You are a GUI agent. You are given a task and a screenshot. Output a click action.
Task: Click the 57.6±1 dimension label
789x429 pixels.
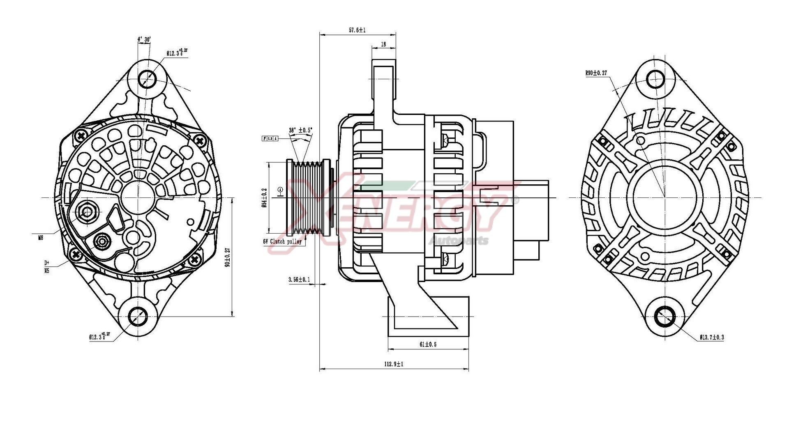click(x=357, y=30)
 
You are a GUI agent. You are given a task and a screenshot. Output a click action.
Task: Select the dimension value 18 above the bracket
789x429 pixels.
click(x=383, y=44)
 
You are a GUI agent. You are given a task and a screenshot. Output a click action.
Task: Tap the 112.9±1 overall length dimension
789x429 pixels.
click(x=393, y=364)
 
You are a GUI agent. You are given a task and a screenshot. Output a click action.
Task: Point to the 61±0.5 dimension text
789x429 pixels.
click(x=428, y=344)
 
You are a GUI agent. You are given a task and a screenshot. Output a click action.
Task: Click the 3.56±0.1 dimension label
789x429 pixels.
click(x=299, y=280)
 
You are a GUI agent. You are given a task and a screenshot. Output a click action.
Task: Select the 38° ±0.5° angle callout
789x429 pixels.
click(x=300, y=130)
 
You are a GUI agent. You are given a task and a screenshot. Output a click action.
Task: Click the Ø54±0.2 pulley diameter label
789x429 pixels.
click(x=264, y=197)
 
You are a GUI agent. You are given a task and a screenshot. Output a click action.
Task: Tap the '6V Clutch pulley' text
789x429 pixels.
click(x=282, y=241)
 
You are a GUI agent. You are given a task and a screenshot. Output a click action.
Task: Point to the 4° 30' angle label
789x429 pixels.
click(x=144, y=39)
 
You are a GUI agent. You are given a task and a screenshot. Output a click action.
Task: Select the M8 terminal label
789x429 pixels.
click(x=40, y=237)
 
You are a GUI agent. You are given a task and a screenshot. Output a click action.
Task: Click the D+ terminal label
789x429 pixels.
click(x=46, y=263)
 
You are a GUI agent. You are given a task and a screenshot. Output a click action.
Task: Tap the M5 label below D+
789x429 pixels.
click(x=46, y=271)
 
